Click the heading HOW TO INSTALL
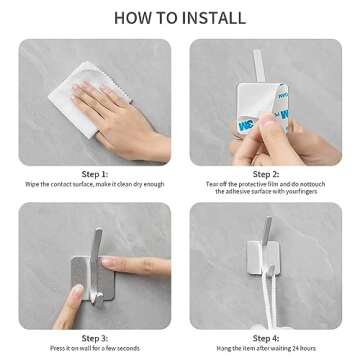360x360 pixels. [180, 17]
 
